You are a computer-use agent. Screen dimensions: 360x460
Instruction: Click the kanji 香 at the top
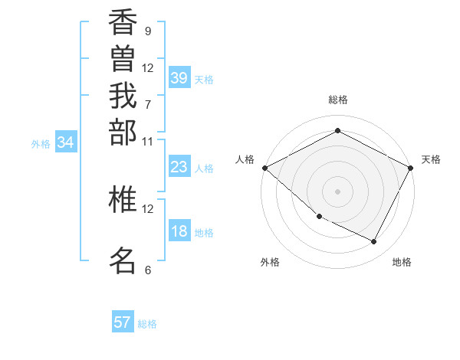point(123,24)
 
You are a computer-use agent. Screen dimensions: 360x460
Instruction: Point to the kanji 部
point(123,132)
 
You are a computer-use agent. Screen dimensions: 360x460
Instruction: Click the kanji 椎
point(123,199)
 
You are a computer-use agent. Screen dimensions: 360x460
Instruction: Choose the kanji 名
point(123,260)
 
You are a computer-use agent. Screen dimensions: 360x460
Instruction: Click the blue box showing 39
point(179,78)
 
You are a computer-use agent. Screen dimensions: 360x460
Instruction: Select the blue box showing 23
point(179,167)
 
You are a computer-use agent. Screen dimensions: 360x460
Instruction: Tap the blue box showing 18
point(179,232)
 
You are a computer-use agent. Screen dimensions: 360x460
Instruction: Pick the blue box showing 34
point(66,142)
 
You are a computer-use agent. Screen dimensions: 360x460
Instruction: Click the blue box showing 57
point(123,322)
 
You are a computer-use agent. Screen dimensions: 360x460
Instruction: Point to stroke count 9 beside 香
point(147,31)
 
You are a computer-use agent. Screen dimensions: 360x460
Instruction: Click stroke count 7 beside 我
point(147,104)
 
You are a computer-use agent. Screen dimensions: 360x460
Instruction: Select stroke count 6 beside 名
point(147,270)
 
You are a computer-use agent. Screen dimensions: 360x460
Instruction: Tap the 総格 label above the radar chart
point(337,100)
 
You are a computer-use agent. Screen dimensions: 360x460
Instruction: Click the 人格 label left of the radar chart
point(245,159)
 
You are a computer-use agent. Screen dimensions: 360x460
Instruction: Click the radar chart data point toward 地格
point(374,241)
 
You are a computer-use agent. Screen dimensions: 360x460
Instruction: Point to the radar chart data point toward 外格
point(319,217)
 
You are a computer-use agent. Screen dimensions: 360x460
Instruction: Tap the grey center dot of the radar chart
point(337,191)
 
